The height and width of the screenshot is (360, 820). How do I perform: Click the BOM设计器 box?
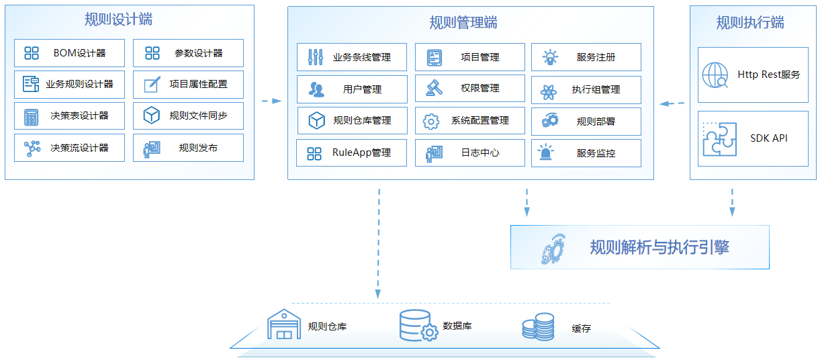pos(69,53)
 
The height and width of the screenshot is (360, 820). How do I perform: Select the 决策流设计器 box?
pos(69,148)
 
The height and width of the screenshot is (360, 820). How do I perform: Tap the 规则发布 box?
pos(188,148)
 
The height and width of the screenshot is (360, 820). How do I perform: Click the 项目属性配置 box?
pos(188,85)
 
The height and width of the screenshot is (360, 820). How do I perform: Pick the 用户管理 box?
pos(352,89)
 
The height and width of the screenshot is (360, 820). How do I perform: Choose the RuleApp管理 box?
pos(352,153)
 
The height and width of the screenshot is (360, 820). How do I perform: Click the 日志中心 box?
pos(470,153)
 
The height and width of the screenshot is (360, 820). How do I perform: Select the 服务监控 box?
pos(586,153)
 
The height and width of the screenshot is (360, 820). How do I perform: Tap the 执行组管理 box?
pos(586,89)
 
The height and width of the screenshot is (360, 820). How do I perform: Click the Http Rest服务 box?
pos(753,75)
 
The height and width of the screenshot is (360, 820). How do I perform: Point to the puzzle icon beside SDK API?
pos(719,139)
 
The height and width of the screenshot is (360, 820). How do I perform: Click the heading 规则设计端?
pos(118,19)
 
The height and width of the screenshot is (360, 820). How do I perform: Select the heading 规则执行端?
pos(750,23)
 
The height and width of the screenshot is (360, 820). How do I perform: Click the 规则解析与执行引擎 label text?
pos(659,247)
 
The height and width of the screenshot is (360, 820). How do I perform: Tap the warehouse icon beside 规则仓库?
pos(284,324)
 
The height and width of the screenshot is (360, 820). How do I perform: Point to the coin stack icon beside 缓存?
pos(538,327)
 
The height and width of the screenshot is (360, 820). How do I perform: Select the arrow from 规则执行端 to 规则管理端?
pos(672,103)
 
